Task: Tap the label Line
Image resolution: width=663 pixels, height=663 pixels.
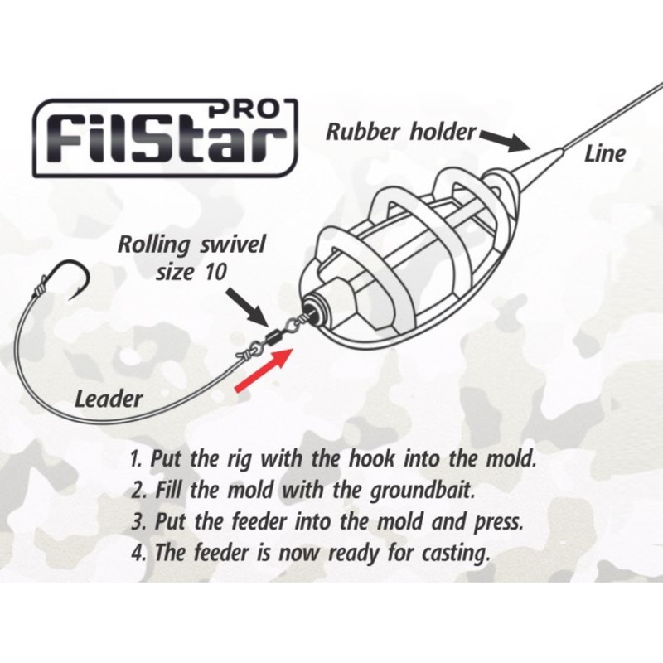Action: (x=605, y=154)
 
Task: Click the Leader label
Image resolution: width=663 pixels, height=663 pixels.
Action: (x=109, y=399)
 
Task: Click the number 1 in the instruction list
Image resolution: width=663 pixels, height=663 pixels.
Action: (x=135, y=458)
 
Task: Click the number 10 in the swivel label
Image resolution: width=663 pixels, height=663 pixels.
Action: (x=214, y=271)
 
